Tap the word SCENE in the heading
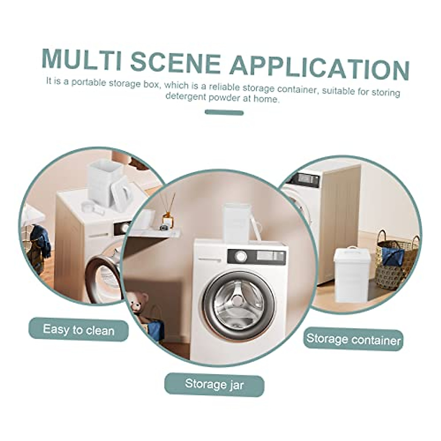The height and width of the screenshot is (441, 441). coord(175,62)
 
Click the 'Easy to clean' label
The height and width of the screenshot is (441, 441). coord(78,329)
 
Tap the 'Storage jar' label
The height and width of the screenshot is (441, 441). coord(214,385)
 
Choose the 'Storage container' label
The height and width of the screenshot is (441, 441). coord(353,339)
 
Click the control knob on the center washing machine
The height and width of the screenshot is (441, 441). coord(241,256)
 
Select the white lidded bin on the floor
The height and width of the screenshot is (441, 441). coord(352,274)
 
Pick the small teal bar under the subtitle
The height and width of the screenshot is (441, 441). coord(224,112)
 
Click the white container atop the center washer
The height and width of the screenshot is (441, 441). coord(237,223)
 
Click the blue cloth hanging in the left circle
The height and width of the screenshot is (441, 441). coord(40,240)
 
